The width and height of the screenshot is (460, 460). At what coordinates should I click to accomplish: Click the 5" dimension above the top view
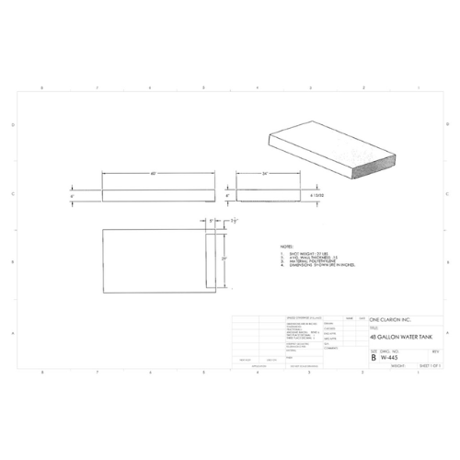[x=210, y=221]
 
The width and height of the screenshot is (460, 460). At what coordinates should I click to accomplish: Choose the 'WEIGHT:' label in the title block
[x=398, y=364]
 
